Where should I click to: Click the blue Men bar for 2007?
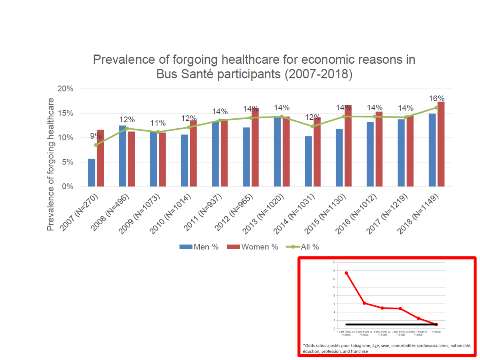coord(92,173)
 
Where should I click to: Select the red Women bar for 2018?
coord(441,144)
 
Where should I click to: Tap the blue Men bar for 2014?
coord(308,161)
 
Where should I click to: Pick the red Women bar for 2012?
coord(255,147)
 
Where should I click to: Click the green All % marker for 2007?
coord(96,145)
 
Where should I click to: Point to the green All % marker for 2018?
coord(436,108)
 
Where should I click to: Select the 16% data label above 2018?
coord(436,99)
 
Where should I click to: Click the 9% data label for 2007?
coord(95,136)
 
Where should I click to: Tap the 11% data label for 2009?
coord(158,123)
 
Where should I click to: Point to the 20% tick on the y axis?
coord(66,89)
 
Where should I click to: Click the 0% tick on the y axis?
coord(68,187)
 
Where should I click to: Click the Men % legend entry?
coord(199,247)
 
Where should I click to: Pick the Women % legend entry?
coord(252,247)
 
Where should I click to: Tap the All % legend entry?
coord(303,247)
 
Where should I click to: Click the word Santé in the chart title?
coord(197,74)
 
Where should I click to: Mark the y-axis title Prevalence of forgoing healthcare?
coord(51,164)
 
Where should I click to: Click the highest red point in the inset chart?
coord(346,273)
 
